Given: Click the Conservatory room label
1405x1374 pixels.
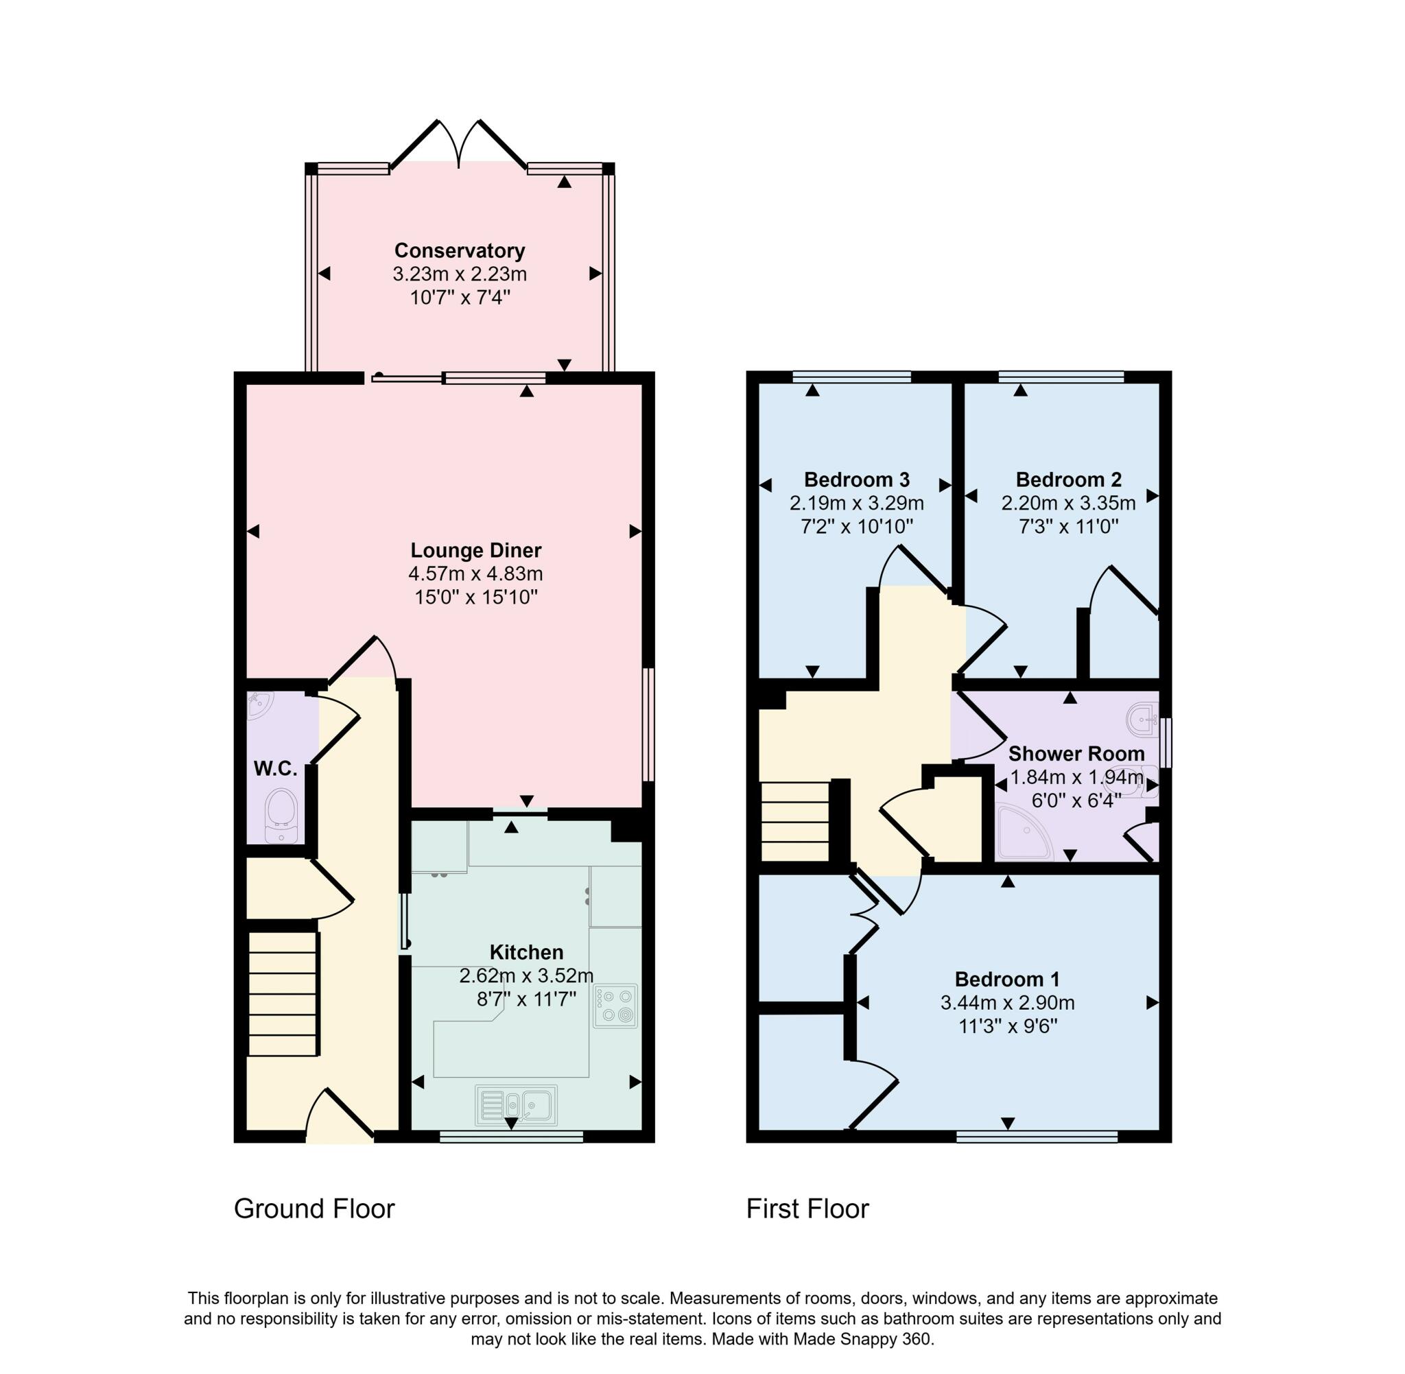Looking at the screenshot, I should tap(459, 250).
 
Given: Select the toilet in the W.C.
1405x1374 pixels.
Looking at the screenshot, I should tap(281, 815).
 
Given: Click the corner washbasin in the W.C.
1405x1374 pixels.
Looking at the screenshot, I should tap(259, 706).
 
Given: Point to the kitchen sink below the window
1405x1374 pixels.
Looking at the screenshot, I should tap(515, 1105).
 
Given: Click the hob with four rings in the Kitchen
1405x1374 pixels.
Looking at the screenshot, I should tap(615, 1005).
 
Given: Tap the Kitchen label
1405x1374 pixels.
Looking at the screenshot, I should tap(526, 952).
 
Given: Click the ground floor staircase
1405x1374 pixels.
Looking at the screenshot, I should tap(283, 994).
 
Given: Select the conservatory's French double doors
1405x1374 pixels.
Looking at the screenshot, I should tap(458, 144).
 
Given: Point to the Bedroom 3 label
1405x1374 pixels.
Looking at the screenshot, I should tap(856, 479).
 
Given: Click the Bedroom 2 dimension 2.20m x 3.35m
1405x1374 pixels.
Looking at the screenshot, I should tap(1067, 503).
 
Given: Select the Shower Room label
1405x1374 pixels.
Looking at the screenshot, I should tap(1075, 753).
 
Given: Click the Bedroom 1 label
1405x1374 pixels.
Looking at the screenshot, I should tap(1006, 980).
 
